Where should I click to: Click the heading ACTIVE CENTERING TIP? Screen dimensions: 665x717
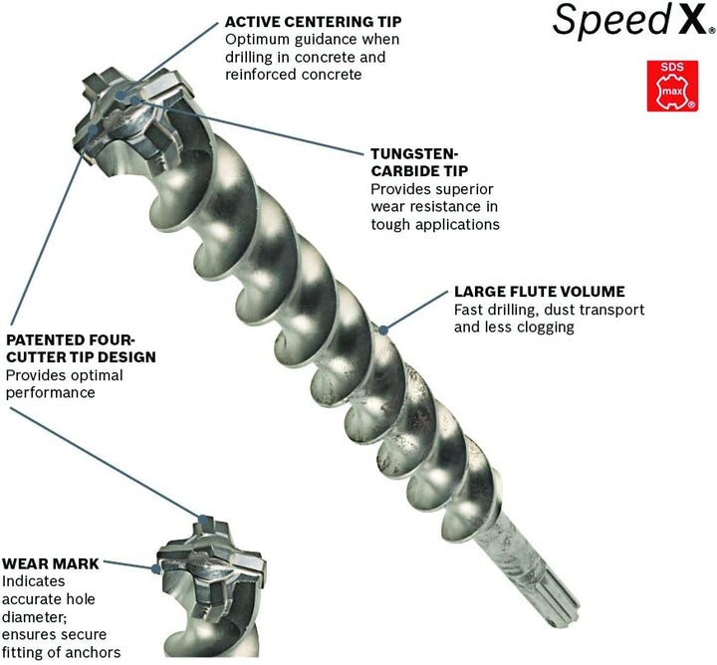pos(308,20)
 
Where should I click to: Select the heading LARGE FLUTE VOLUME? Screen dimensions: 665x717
pos(539,292)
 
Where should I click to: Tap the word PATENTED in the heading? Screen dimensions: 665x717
pos(47,337)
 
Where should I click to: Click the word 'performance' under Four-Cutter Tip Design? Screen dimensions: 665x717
pos(50,392)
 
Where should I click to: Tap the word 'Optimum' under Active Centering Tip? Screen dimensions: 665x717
pos(259,39)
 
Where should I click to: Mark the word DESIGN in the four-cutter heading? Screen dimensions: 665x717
pos(127,355)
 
